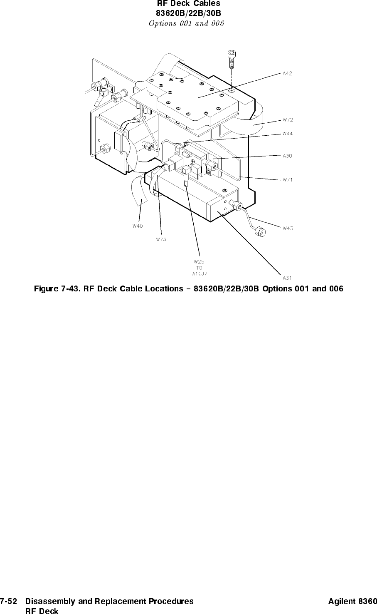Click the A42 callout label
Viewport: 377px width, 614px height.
pyautogui.click(x=287, y=74)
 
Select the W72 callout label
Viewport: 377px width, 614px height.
pyautogui.click(x=287, y=120)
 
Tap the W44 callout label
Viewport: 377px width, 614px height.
pyautogui.click(x=287, y=134)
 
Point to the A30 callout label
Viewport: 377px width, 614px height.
pyautogui.click(x=287, y=156)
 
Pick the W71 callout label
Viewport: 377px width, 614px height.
pyautogui.click(x=287, y=180)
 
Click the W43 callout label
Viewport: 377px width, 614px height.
pyautogui.click(x=288, y=228)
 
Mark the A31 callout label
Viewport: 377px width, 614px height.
pyautogui.click(x=287, y=277)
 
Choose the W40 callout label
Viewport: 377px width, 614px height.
pyautogui.click(x=138, y=226)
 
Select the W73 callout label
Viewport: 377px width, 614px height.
pyautogui.click(x=161, y=239)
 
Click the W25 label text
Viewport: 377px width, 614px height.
pyautogui.click(x=199, y=262)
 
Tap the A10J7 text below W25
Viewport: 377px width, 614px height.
pyautogui.click(x=200, y=274)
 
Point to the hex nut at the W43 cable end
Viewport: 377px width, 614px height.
pyautogui.click(x=259, y=231)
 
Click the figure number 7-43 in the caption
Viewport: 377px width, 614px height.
pyautogui.click(x=69, y=288)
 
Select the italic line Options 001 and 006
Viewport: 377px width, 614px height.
pyautogui.click(x=186, y=23)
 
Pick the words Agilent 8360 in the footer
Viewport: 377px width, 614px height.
pyautogui.click(x=352, y=601)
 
